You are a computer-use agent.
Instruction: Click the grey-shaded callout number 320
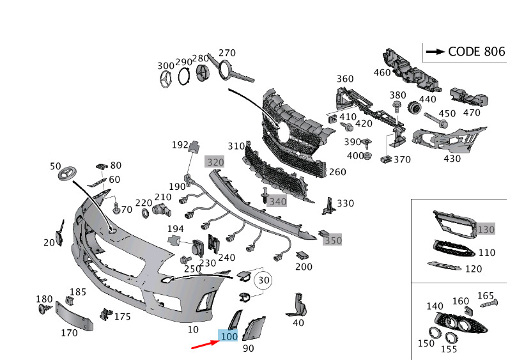pos(215,162)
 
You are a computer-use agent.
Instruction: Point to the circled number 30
pos(263,280)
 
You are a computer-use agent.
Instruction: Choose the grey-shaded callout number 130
pos(486,229)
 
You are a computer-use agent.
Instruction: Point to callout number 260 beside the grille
pos(337,172)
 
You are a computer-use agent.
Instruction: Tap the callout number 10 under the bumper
pos(192,330)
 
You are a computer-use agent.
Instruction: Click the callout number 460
pos(382,72)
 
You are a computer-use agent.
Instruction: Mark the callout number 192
pos(180,145)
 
